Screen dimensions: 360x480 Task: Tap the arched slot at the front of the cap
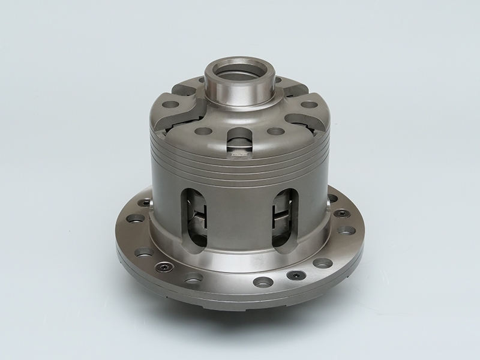coord(239,142)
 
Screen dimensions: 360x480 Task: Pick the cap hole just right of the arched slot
coord(275,131)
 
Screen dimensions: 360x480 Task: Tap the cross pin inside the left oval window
coord(201,216)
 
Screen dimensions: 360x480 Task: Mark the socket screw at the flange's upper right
coord(341,213)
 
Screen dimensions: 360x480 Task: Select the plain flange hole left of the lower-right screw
coord(262,281)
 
